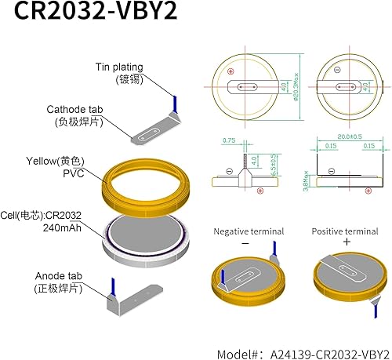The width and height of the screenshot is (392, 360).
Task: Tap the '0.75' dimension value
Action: (x=228, y=140)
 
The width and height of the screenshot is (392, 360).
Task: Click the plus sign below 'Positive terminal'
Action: (x=346, y=242)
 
